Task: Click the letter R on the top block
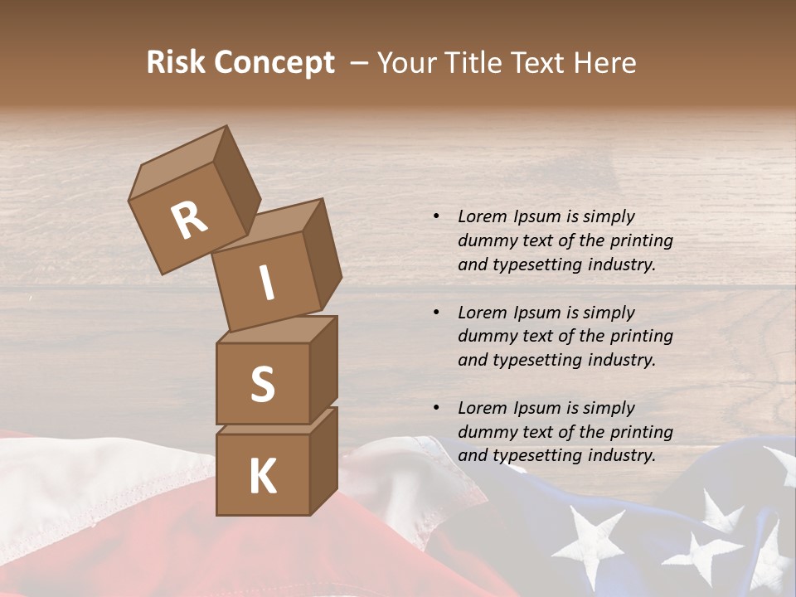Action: [189, 220]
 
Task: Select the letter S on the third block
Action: [262, 384]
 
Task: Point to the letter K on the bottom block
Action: [262, 476]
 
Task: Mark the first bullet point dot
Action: [436, 216]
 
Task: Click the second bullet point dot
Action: [436, 313]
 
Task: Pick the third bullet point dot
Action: [436, 408]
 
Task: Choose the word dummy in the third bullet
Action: [485, 432]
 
